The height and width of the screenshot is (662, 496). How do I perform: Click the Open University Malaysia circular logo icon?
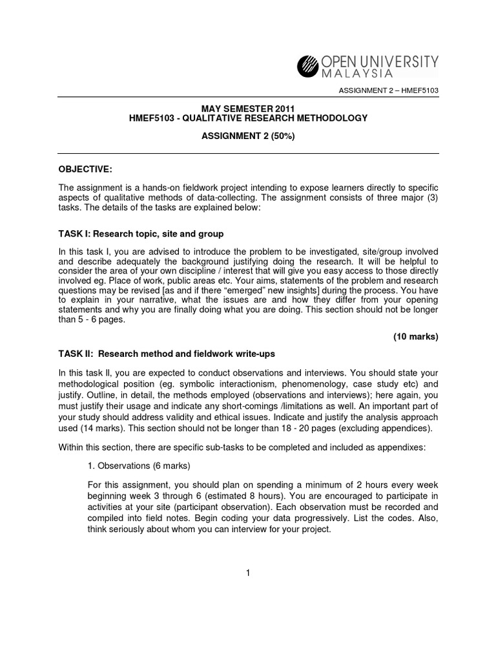(x=308, y=66)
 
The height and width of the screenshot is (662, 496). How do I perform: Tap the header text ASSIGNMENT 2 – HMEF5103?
(x=389, y=89)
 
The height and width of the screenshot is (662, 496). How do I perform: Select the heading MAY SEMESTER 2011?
(x=248, y=107)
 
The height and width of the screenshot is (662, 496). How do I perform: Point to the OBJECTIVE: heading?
(x=85, y=169)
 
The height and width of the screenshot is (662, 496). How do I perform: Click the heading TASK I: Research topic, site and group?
(x=141, y=234)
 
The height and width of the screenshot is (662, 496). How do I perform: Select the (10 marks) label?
(x=415, y=337)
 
